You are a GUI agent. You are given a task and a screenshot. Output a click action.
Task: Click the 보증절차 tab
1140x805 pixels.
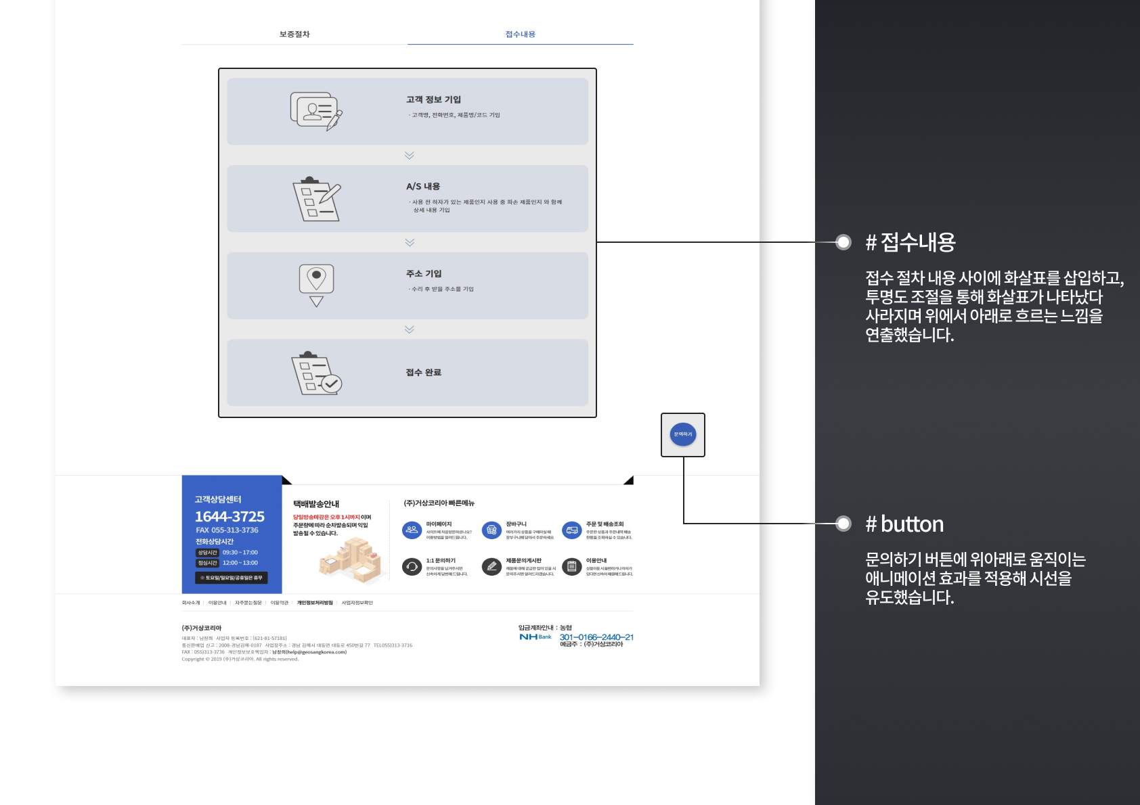(x=294, y=34)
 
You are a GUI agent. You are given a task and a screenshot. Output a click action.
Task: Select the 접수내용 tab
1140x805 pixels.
(x=520, y=34)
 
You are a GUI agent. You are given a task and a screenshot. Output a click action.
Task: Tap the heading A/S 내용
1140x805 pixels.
(x=423, y=187)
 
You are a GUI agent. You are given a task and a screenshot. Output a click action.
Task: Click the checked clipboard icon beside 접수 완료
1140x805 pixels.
(x=316, y=373)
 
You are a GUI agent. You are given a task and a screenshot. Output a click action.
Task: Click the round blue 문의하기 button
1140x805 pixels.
(x=683, y=434)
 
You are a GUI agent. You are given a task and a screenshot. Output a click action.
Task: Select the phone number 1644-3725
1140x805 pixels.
(x=229, y=517)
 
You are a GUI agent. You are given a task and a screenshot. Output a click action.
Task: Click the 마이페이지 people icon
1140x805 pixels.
(x=412, y=530)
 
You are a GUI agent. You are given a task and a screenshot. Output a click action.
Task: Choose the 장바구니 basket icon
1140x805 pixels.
(x=491, y=530)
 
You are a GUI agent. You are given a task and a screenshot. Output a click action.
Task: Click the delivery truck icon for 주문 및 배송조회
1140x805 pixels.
(x=572, y=530)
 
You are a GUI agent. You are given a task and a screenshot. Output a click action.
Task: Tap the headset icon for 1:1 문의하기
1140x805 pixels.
(x=412, y=567)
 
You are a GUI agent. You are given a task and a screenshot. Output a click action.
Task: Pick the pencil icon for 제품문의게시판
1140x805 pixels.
(x=491, y=567)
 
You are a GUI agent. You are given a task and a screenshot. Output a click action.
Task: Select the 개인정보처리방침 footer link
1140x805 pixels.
(x=315, y=603)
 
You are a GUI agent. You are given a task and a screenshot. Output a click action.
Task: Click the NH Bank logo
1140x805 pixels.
(x=535, y=637)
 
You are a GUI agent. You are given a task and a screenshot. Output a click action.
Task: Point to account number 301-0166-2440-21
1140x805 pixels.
(x=596, y=637)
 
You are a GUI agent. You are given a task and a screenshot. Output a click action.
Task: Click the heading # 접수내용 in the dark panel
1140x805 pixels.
(x=911, y=242)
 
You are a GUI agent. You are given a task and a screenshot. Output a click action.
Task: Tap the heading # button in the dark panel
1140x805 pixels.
(x=904, y=524)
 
